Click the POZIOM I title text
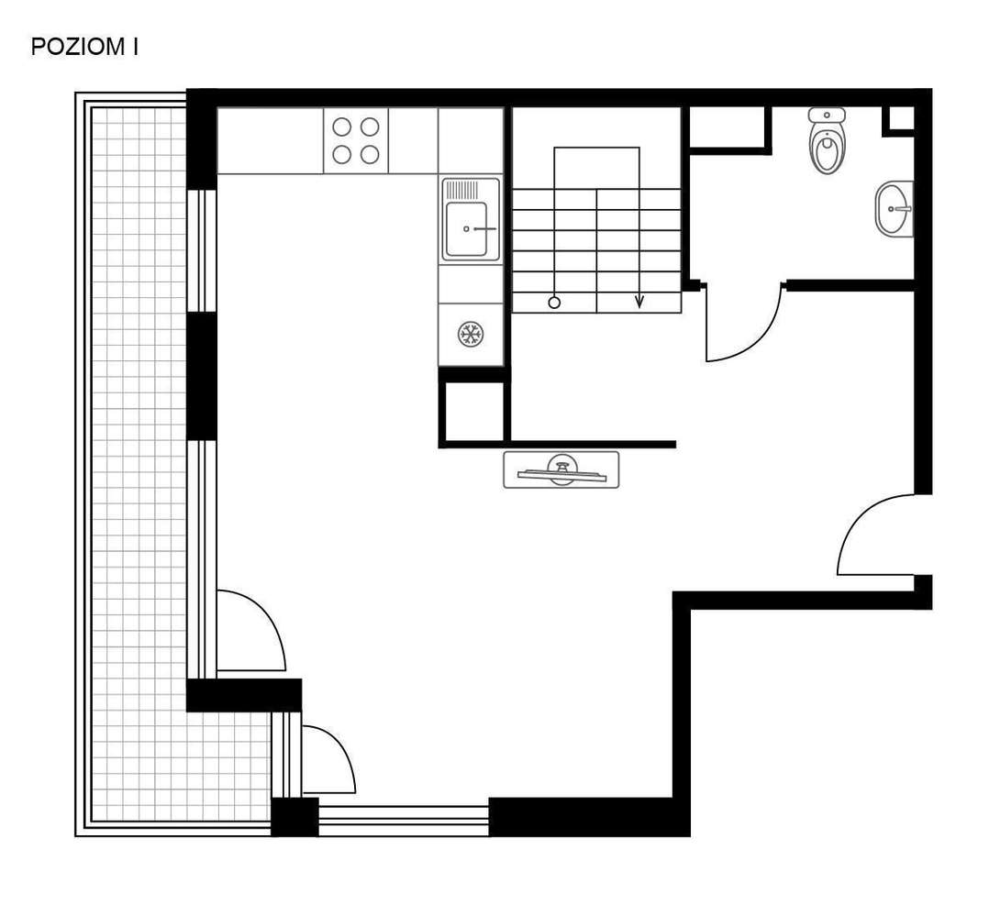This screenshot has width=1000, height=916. tap(84, 48)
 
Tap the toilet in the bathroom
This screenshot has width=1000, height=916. tap(827, 149)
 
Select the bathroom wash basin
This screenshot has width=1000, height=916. tap(893, 210)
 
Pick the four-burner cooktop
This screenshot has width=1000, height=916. tap(356, 140)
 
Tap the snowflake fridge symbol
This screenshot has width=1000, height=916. tap(471, 334)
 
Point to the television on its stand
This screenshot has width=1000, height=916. tap(561, 469)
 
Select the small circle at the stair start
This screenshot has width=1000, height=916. tap(554, 303)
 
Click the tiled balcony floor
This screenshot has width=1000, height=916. tap(138, 458)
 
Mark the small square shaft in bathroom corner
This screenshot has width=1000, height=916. tap(901, 118)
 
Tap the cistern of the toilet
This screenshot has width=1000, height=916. tap(827, 115)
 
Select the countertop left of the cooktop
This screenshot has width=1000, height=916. tap(270, 140)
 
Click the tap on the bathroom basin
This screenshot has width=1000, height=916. tap(903, 209)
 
